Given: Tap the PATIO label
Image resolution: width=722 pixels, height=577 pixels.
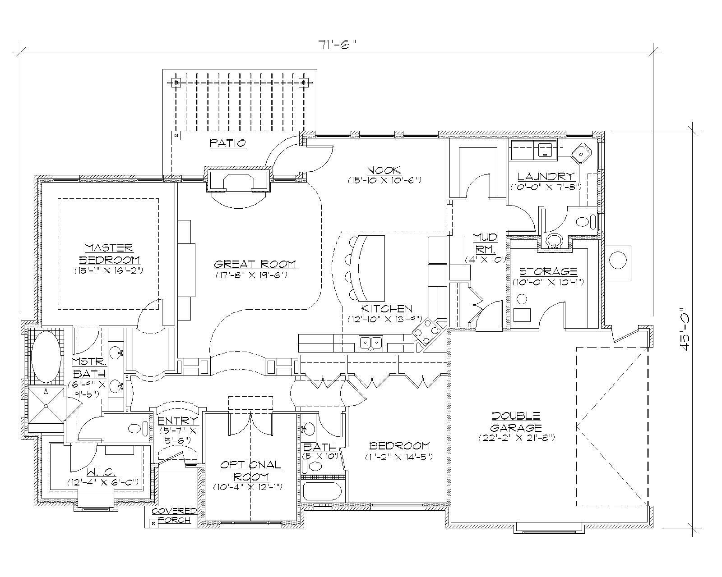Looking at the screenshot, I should (x=228, y=143).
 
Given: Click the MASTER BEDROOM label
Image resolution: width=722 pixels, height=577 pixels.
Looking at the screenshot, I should (x=109, y=254).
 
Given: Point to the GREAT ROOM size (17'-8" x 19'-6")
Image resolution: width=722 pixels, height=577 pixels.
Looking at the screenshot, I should (x=255, y=274).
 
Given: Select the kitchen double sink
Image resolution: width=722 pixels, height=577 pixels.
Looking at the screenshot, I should (x=371, y=343).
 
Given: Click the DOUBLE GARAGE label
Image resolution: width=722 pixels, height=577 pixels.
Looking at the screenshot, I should (x=516, y=421).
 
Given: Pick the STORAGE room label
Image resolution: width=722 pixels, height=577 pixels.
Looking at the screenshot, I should (x=548, y=271).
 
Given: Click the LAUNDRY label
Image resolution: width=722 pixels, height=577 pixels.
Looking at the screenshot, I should (x=546, y=176).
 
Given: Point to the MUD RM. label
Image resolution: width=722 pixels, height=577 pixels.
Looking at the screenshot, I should (x=485, y=243).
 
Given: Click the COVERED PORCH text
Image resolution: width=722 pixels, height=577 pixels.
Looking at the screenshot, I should (x=174, y=515).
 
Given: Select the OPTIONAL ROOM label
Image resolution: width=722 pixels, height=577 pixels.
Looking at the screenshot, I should (x=250, y=470).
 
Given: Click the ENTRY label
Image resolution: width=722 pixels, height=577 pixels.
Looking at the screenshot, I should (x=178, y=421).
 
